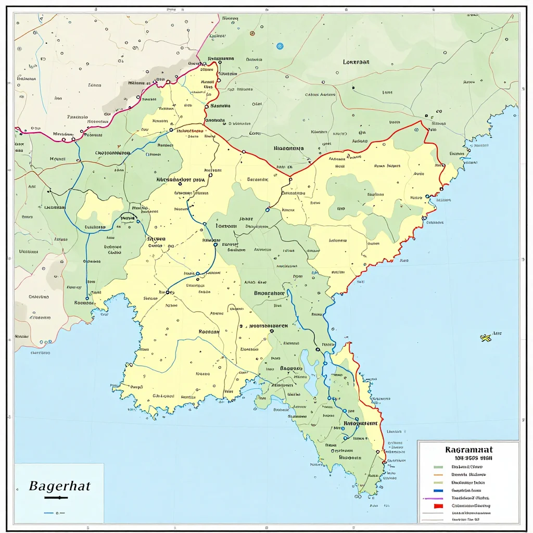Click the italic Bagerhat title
coord(59,487)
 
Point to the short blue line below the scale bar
coord(50,513)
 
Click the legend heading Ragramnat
coord(469,449)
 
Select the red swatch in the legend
coord(438,505)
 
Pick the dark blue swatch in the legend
coord(438,490)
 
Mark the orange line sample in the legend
coord(438,475)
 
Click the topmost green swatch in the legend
coord(438,467)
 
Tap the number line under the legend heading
coord(467,458)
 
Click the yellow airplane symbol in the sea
coord(486,338)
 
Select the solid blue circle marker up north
coord(280,46)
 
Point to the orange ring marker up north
coord(252,33)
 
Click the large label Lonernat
coord(357,61)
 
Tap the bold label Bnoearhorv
coord(269,293)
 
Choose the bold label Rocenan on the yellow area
coord(209,331)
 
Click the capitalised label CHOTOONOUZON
coord(112,153)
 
